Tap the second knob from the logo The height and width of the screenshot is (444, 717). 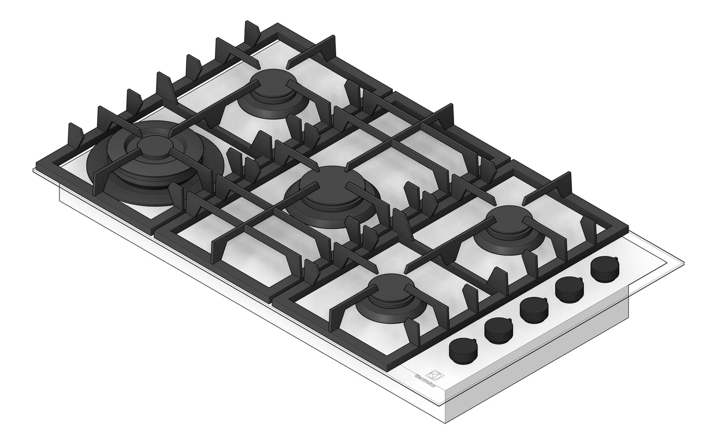[498, 329]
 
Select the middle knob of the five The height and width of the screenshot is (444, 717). [534, 309]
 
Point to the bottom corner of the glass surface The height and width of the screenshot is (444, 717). [445, 402]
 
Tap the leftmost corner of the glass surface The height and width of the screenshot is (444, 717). [34, 169]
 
